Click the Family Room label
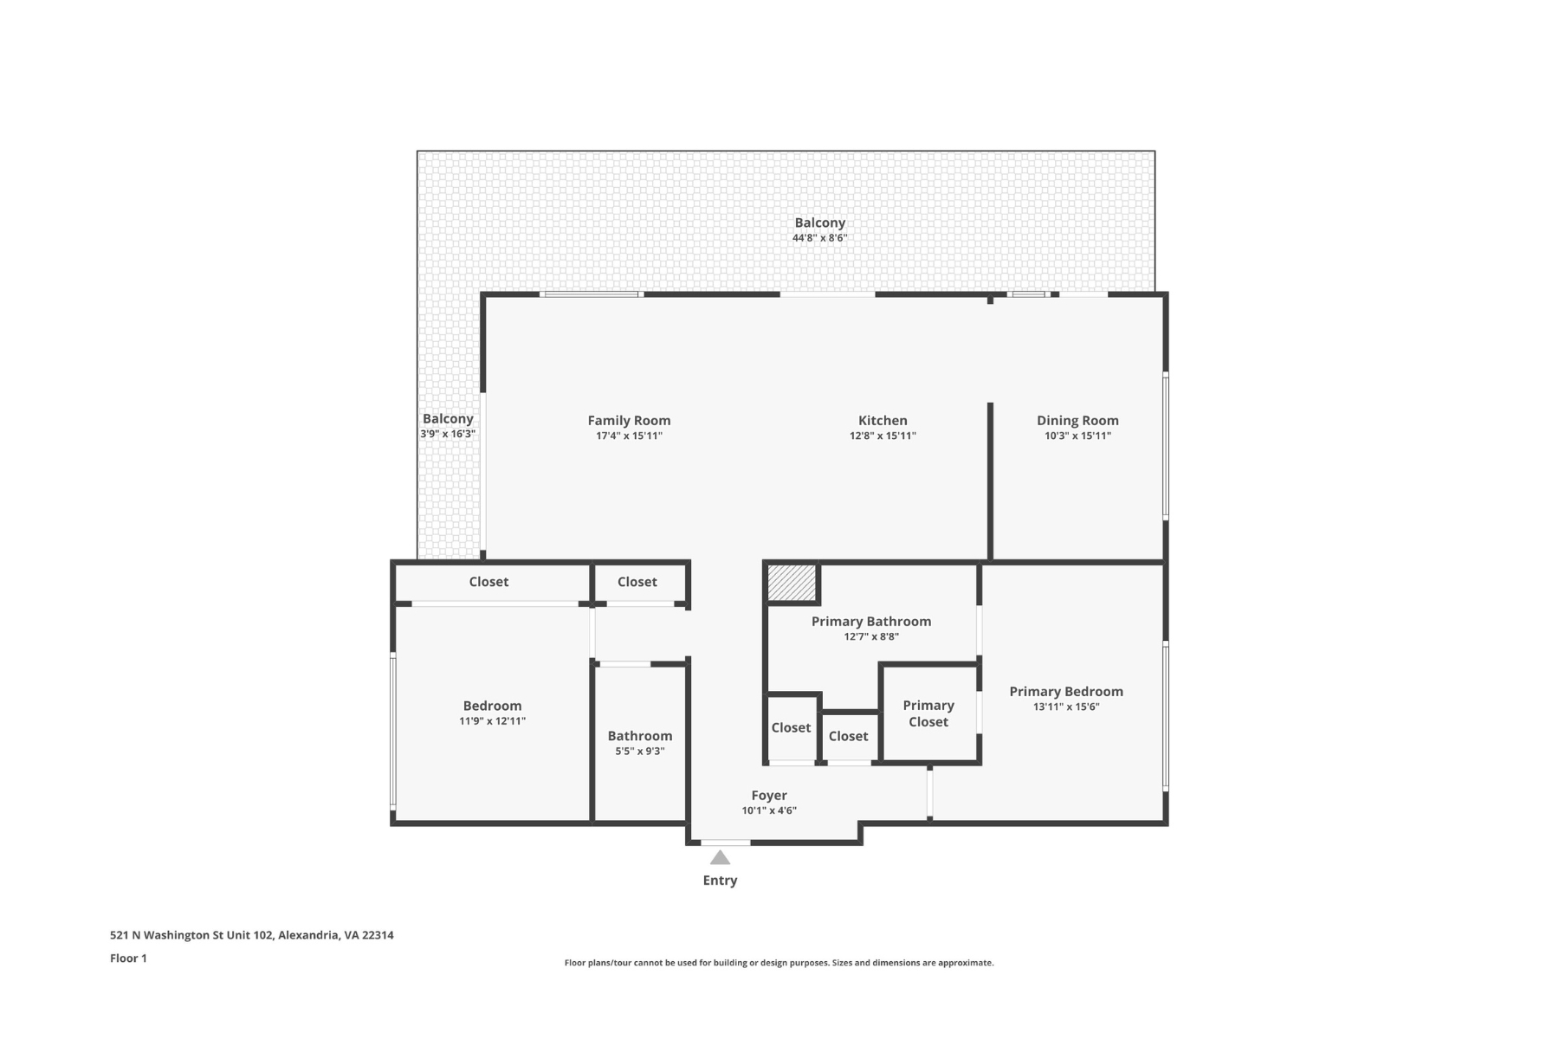[629, 421]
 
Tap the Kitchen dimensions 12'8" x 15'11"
[882, 436]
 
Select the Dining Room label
[1077, 421]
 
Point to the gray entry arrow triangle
[720, 858]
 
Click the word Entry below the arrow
[720, 881]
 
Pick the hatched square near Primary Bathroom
[792, 582]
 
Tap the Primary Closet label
[928, 713]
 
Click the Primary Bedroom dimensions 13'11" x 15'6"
[1065, 707]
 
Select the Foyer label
[768, 796]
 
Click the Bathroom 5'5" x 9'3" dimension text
[639, 752]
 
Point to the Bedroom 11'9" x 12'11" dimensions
[492, 721]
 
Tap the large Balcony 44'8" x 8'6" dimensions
[819, 238]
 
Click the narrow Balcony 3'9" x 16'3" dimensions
[448, 434]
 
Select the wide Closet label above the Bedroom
[488, 582]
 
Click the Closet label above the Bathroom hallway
[637, 582]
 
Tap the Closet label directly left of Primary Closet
[848, 736]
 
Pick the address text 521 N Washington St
[251, 935]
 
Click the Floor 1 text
[128, 958]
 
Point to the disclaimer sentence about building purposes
[779, 963]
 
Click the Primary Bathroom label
[870, 622]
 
